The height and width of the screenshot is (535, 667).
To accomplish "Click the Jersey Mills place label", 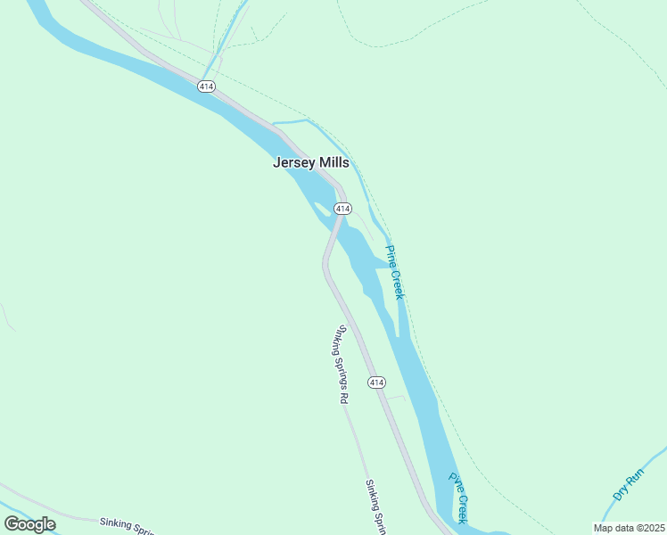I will [x=310, y=162].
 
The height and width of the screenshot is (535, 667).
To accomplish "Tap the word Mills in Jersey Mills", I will [x=331, y=162].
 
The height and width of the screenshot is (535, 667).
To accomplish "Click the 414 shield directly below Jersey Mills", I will [x=342, y=208].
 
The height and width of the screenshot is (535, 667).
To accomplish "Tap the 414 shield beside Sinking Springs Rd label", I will [x=376, y=382].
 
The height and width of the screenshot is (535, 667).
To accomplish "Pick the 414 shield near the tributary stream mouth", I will [x=206, y=86].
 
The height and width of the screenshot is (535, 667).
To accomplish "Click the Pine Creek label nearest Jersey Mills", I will [x=395, y=271].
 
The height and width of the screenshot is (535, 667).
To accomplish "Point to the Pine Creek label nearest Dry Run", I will [x=458, y=497].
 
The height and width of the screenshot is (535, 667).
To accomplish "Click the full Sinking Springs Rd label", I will [x=340, y=364].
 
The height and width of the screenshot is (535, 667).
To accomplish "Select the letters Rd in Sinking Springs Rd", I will [x=342, y=397].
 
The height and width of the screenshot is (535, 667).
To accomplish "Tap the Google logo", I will [x=29, y=523].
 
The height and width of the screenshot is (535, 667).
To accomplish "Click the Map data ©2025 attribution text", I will [x=629, y=528].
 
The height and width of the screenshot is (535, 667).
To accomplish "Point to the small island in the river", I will [x=322, y=208].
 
